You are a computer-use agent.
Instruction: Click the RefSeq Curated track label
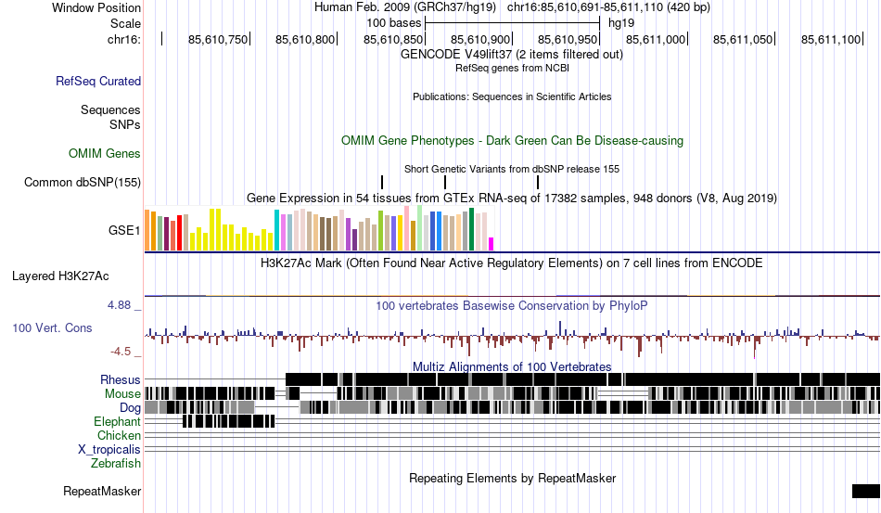click(98, 82)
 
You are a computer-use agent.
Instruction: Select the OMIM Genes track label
click(105, 154)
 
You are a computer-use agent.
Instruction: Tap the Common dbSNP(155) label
click(83, 183)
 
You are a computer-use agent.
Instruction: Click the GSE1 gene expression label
click(125, 229)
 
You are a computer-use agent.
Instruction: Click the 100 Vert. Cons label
click(52, 328)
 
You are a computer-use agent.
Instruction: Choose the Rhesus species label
click(121, 379)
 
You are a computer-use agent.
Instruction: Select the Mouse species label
click(123, 393)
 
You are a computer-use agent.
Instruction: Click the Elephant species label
click(118, 421)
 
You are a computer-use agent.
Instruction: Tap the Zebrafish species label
click(116, 463)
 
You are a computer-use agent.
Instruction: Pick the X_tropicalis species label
click(109, 449)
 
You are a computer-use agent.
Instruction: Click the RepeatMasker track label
click(102, 491)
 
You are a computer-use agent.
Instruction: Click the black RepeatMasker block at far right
click(865, 491)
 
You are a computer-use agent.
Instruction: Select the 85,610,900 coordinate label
click(480, 39)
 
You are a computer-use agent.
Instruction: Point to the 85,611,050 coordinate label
click(743, 39)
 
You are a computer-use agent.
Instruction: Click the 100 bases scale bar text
click(394, 21)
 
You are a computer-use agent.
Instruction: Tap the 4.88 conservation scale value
click(121, 304)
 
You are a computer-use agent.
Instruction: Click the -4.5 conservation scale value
click(122, 352)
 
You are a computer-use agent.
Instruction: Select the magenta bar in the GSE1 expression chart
click(492, 244)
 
